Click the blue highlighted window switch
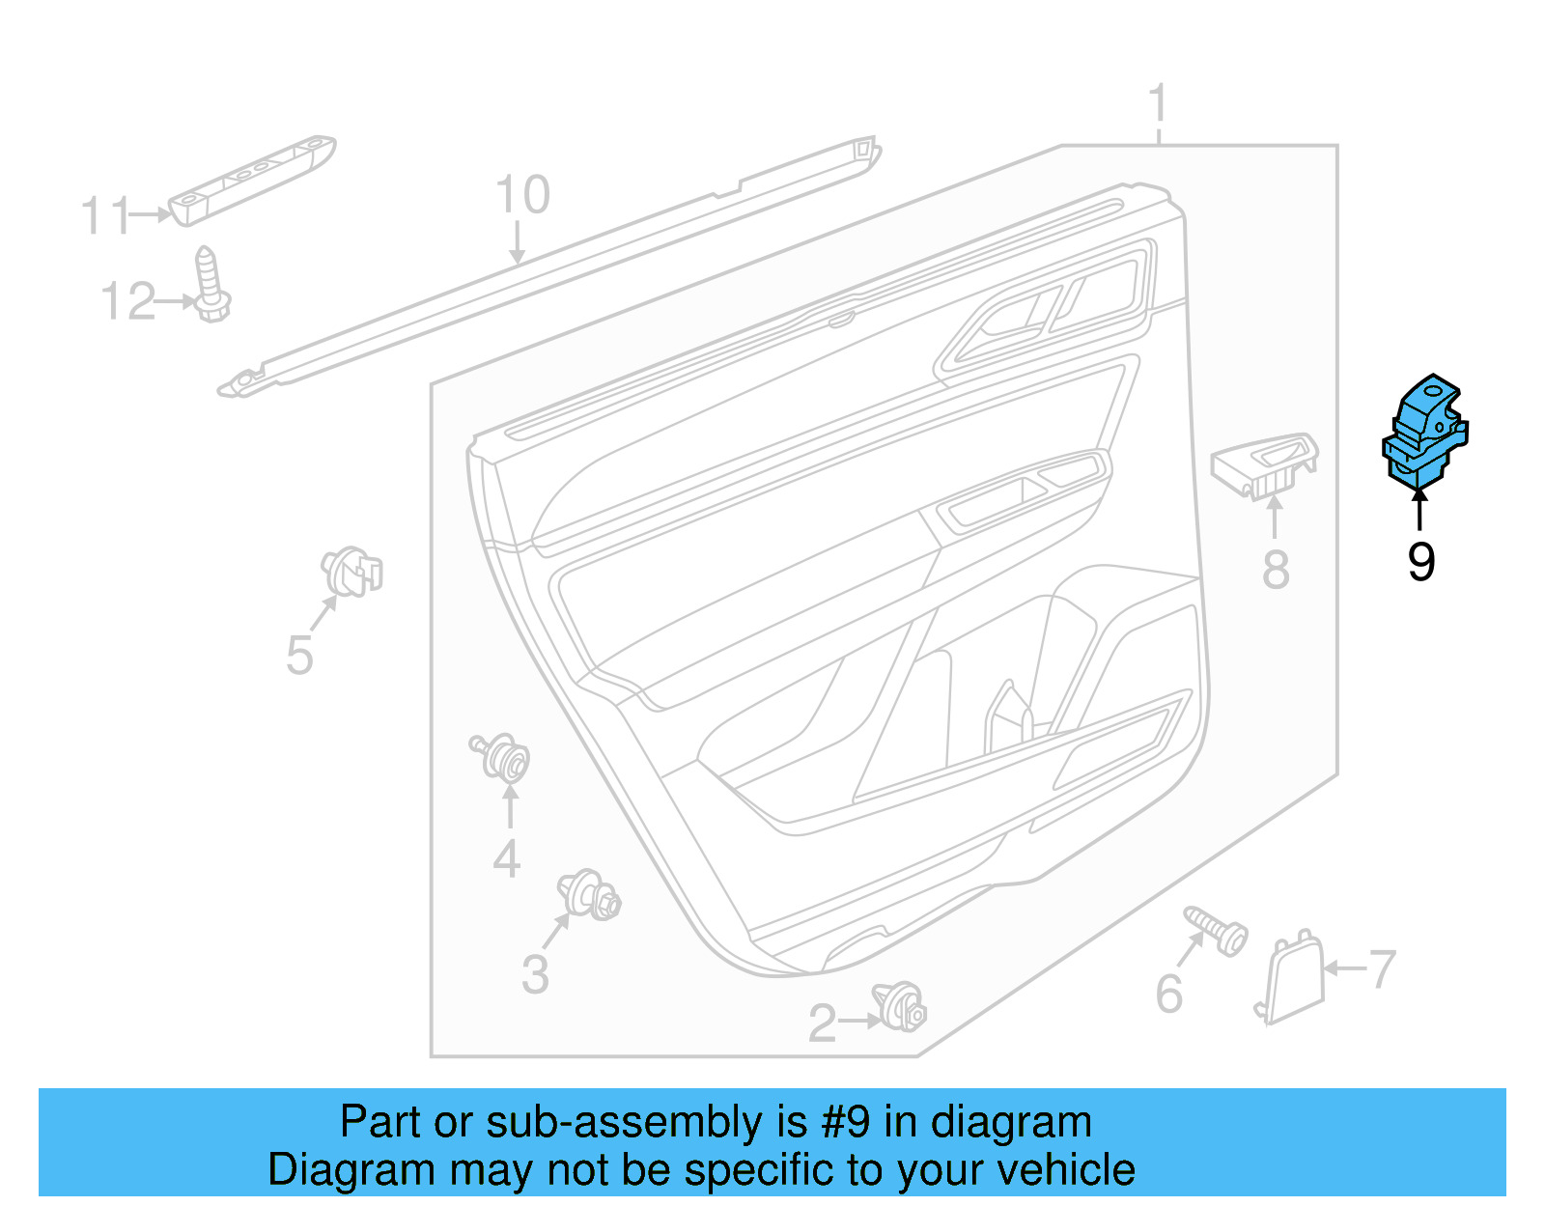[1424, 431]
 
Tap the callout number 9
[1420, 562]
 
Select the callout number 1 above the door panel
[1159, 104]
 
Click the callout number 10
[522, 195]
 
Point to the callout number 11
[104, 215]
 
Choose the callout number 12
[127, 302]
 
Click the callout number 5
[299, 656]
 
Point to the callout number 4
[507, 858]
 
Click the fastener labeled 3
[589, 895]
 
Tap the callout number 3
[535, 974]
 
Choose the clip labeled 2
[900, 1006]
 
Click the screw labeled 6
[1218, 930]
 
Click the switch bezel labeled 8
[1265, 465]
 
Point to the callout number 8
[1276, 570]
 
